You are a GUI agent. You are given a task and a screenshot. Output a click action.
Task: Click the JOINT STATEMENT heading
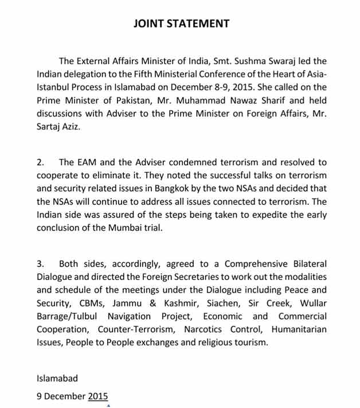tap(181, 24)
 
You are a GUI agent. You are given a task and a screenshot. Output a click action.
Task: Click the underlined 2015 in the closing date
tap(97, 395)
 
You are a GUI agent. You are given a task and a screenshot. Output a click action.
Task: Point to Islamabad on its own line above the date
tap(57, 378)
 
